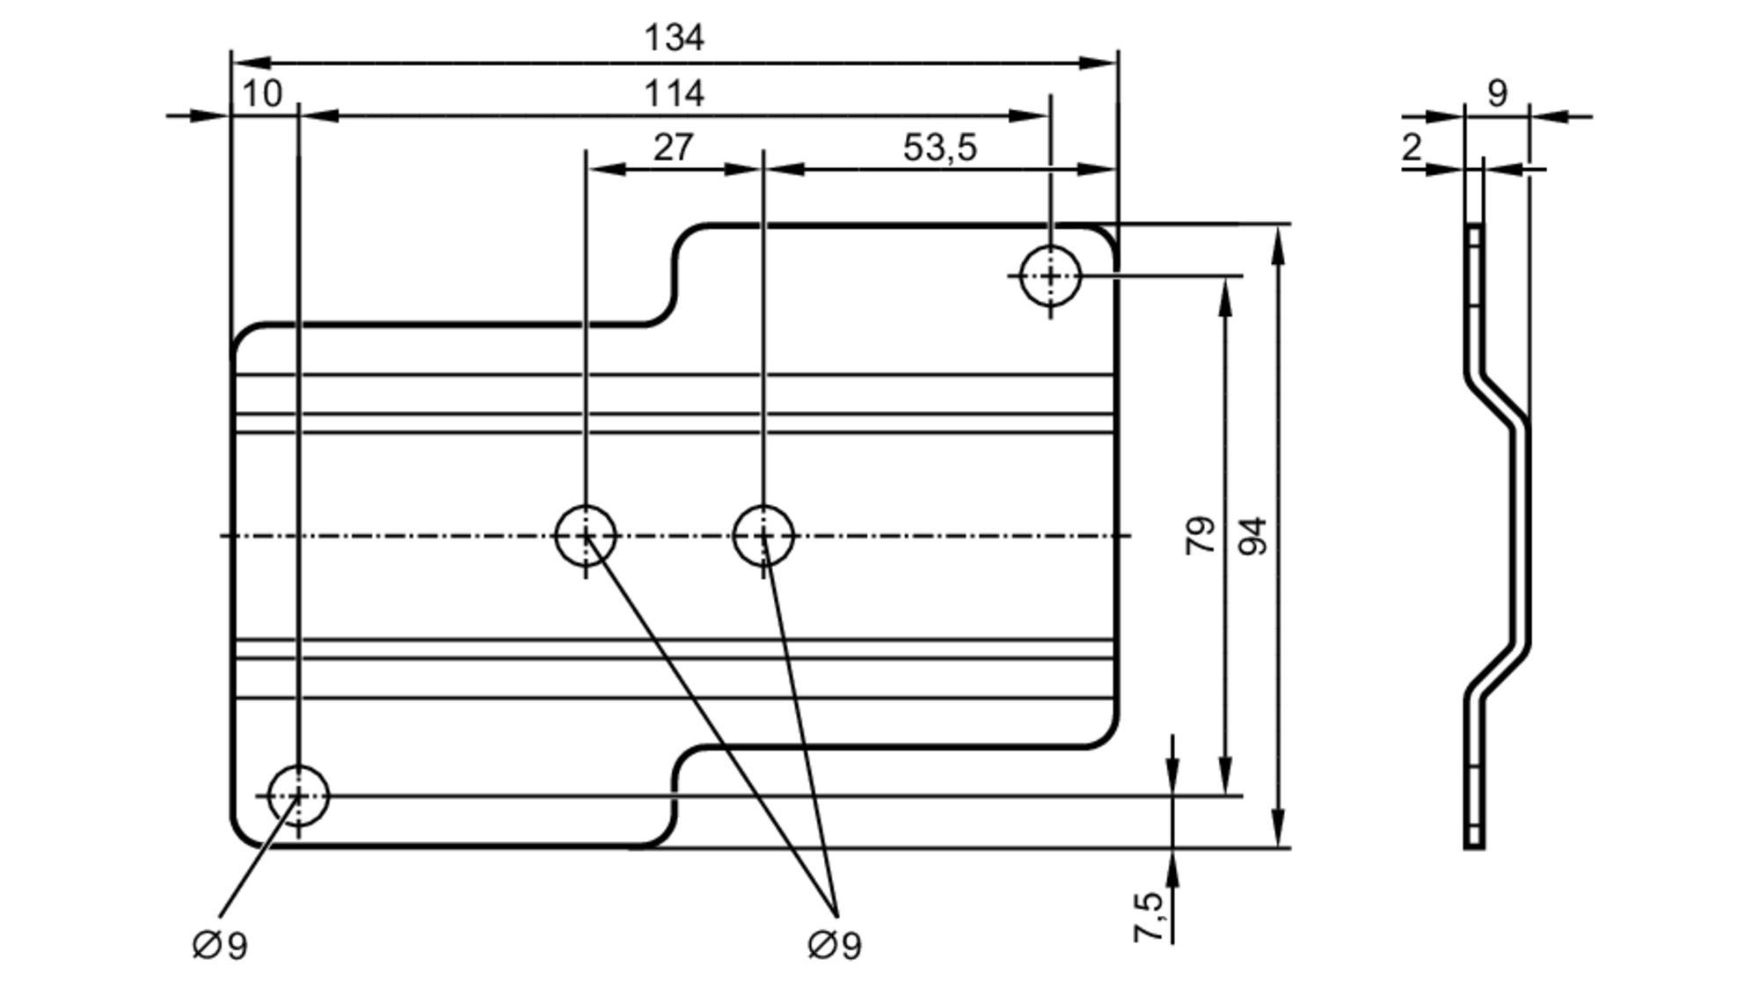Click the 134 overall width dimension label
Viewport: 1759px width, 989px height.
(x=674, y=39)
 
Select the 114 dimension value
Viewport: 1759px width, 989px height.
(x=674, y=94)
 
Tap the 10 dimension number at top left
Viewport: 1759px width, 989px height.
(x=261, y=94)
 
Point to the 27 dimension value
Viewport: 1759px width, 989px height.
(x=673, y=148)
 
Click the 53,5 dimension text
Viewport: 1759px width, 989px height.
(x=939, y=148)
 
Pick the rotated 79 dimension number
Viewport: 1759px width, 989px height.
(x=1201, y=535)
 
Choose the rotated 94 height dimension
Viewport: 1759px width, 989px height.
(x=1254, y=535)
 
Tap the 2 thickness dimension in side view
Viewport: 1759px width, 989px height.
(x=1412, y=148)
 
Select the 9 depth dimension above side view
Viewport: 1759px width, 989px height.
(x=1497, y=93)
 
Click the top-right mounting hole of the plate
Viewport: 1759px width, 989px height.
(x=1050, y=276)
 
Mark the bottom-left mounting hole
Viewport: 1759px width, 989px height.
(x=298, y=795)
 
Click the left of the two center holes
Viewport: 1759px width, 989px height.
(x=586, y=536)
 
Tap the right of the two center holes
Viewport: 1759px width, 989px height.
(x=763, y=536)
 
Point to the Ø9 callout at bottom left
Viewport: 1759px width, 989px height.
(x=220, y=947)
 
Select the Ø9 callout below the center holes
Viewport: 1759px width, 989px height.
(x=834, y=947)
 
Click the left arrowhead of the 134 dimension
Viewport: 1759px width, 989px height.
(x=251, y=63)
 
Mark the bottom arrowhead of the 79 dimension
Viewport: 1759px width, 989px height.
(x=1226, y=778)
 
